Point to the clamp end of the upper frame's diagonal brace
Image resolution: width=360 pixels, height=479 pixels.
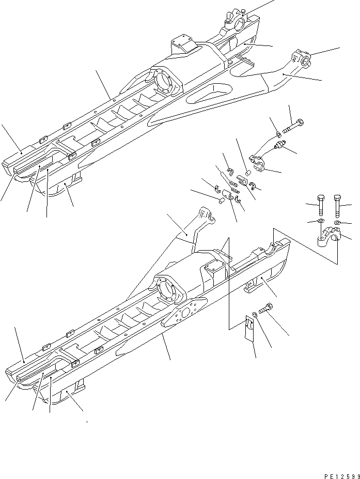[300, 57]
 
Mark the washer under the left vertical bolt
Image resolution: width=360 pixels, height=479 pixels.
[321, 221]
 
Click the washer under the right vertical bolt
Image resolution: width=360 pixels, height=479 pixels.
[336, 223]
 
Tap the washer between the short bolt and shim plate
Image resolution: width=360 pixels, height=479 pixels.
[257, 325]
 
